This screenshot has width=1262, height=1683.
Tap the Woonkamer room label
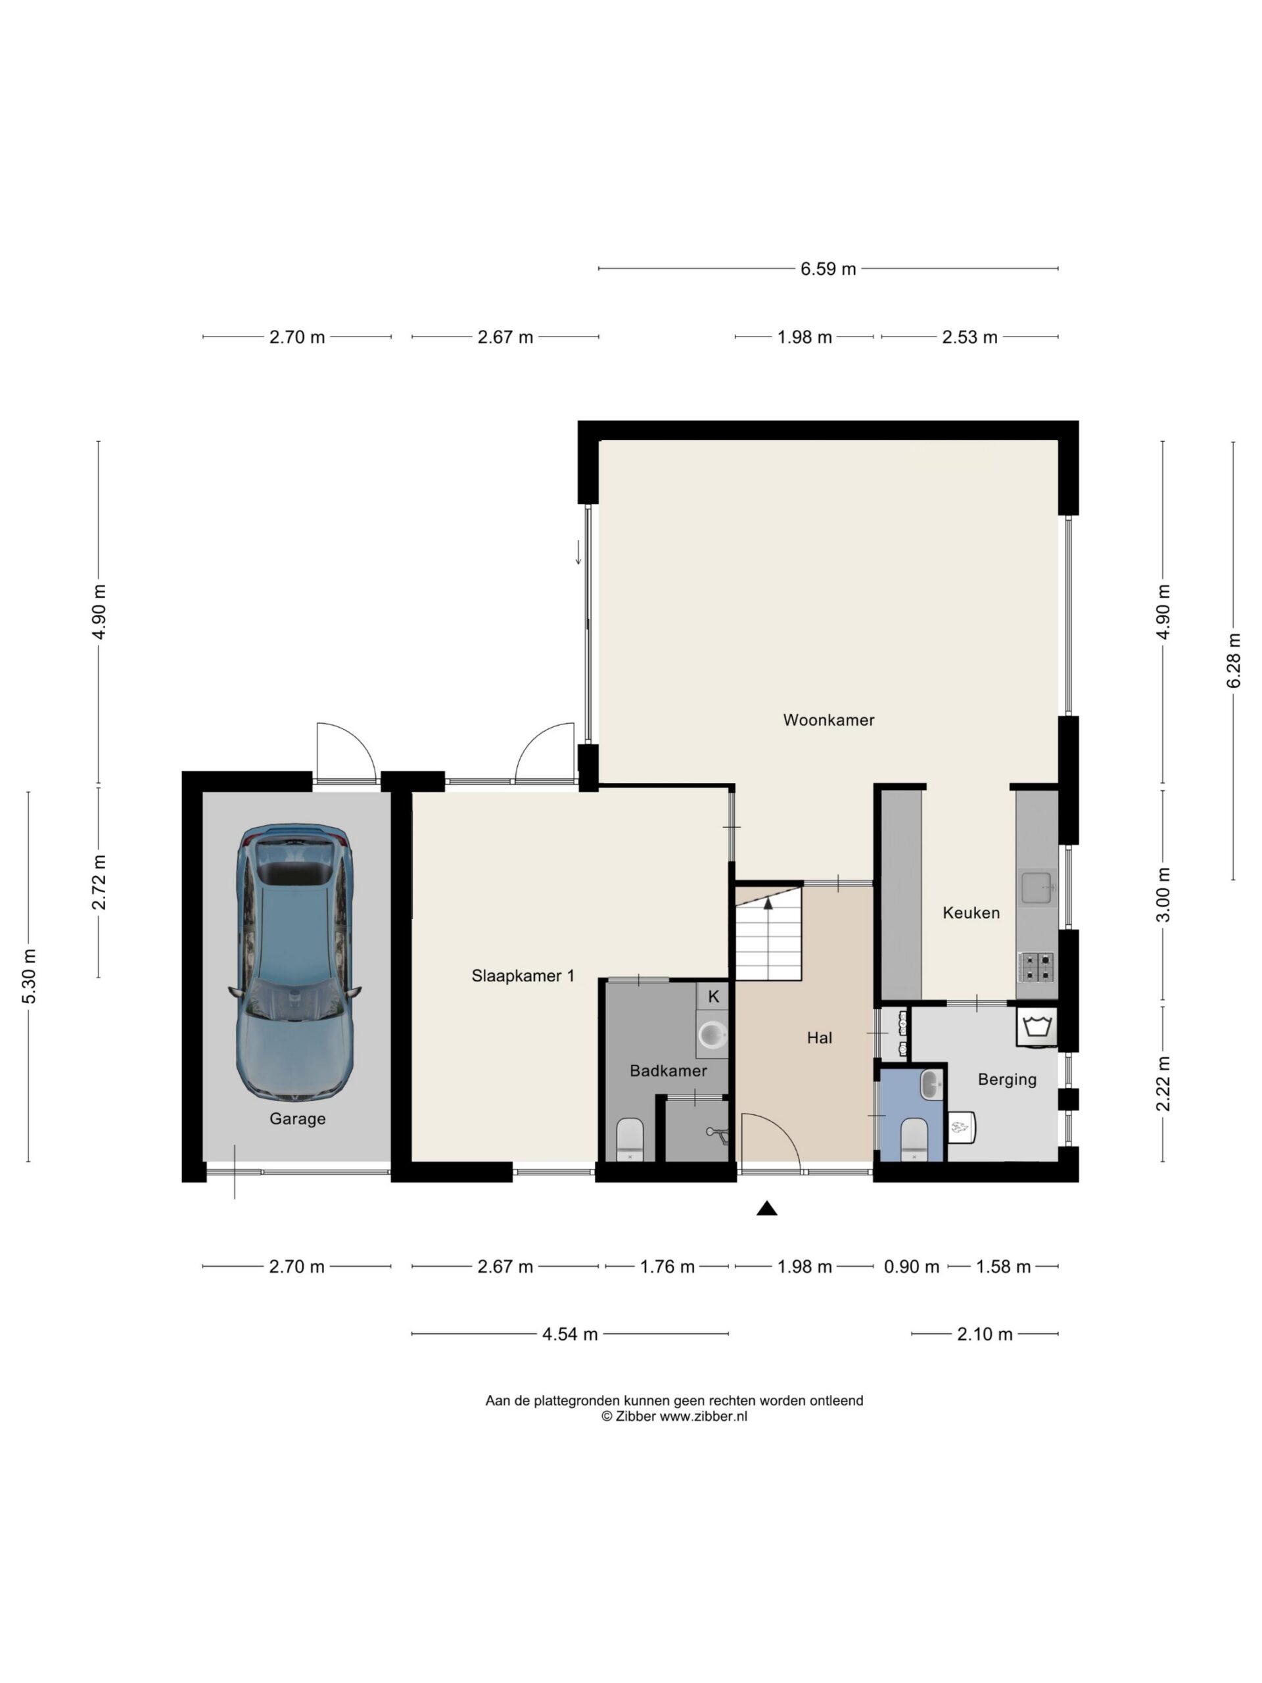[x=828, y=720]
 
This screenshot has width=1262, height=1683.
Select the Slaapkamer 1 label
[x=523, y=976]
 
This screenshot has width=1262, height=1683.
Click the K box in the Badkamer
[x=713, y=996]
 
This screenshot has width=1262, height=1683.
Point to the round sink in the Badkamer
[x=713, y=1035]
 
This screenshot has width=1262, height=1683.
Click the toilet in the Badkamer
[x=630, y=1139]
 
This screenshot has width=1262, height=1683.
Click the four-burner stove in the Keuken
[x=1036, y=966]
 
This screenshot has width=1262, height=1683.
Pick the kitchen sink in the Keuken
[x=1037, y=887]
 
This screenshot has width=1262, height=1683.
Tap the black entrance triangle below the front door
[x=767, y=1208]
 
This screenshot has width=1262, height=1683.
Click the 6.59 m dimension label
[x=828, y=269]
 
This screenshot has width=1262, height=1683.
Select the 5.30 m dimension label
[x=28, y=977]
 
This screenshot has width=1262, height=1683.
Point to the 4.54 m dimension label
[x=570, y=1334]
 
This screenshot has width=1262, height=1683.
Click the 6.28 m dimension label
[x=1233, y=661]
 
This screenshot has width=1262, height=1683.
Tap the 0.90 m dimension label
[x=911, y=1267]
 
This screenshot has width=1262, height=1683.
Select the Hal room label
[x=819, y=1038]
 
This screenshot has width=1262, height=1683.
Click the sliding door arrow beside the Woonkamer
[x=578, y=552]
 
